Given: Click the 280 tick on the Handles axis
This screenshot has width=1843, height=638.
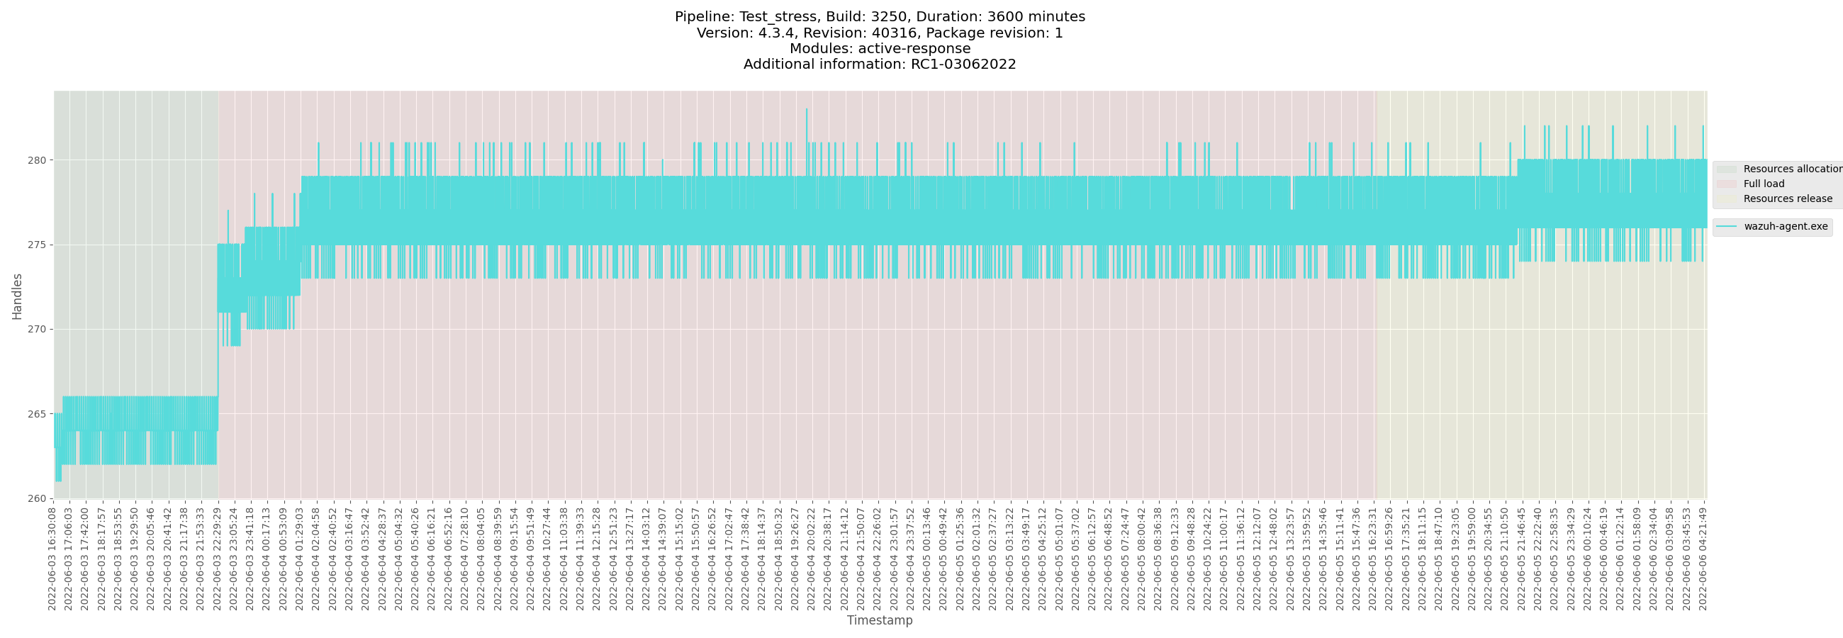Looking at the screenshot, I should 36,160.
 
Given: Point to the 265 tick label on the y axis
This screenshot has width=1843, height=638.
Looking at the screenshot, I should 36,414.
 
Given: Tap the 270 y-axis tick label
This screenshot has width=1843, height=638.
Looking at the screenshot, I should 36,330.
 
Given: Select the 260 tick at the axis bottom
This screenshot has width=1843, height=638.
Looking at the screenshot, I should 36,498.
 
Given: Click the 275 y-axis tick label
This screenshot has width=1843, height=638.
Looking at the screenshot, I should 36,245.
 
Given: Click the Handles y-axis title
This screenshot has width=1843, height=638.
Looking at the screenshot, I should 17,296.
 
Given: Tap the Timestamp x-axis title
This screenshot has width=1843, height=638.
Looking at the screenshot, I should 879,620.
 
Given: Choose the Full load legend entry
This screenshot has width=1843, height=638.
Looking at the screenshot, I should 1764,184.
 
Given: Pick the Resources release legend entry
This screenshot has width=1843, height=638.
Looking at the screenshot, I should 1787,198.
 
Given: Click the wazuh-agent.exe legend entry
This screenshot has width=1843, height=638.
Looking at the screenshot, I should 1785,227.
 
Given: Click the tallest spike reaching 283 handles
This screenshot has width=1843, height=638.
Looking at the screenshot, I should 807,110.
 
